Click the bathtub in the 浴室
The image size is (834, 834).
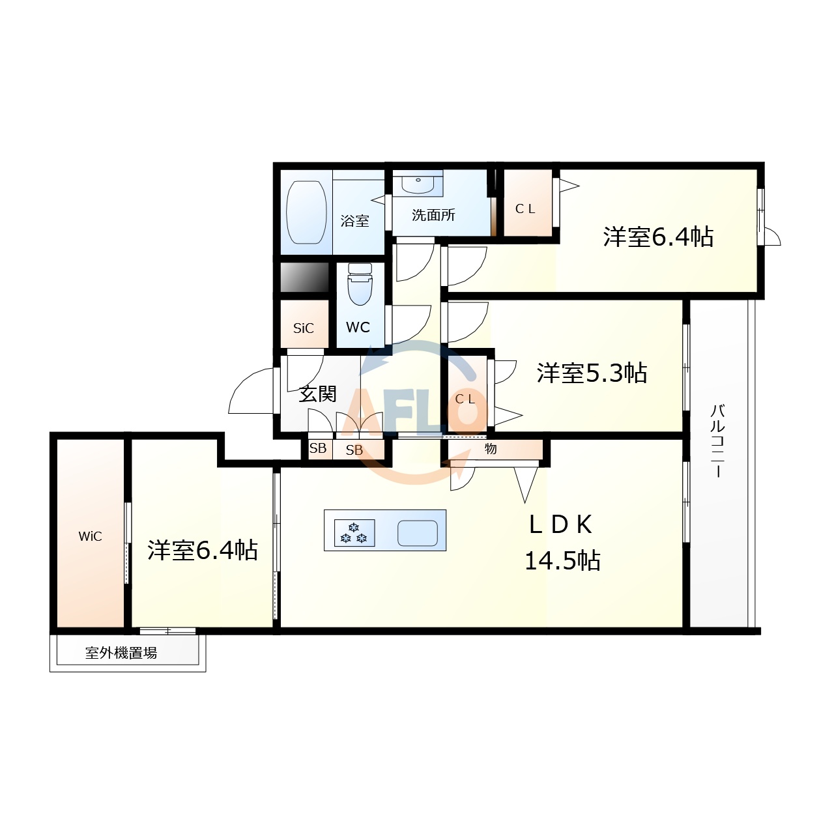[306, 212]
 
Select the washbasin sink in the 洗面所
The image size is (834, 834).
[417, 183]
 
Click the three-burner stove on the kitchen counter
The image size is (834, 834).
[354, 532]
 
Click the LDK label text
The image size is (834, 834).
[560, 525]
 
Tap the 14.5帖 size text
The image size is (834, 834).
[562, 560]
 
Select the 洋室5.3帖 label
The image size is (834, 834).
[592, 373]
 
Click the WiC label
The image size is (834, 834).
[90, 536]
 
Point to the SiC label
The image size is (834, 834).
[304, 328]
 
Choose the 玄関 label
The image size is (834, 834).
[317, 394]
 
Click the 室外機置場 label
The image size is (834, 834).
[121, 653]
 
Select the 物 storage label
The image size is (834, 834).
[491, 449]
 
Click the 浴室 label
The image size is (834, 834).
[355, 222]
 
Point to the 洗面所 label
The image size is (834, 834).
[433, 215]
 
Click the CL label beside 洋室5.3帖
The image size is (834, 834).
[465, 399]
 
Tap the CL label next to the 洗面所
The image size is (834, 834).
[525, 208]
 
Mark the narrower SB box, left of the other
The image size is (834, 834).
[318, 449]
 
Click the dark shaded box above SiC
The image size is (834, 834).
[304, 278]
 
